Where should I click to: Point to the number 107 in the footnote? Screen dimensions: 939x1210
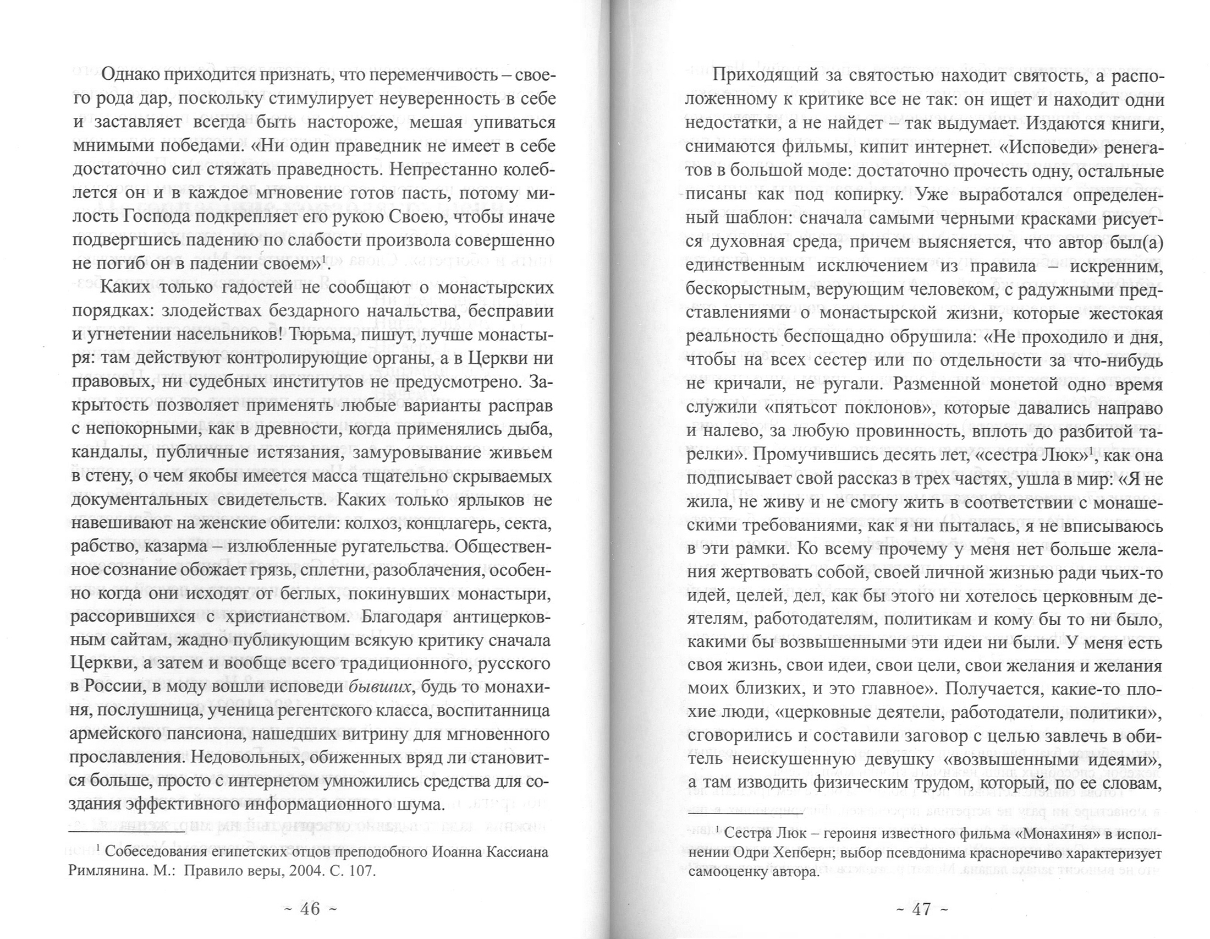tap(360, 870)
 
